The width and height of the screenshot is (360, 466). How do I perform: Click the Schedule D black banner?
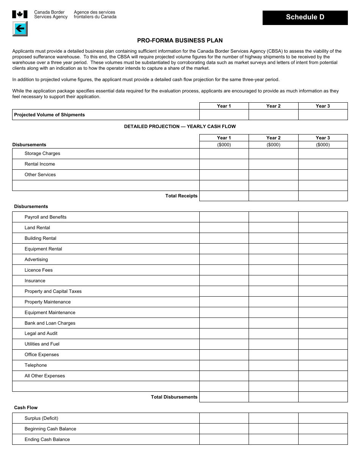[x=305, y=17]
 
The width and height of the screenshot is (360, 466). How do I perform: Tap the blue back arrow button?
[x=20, y=29]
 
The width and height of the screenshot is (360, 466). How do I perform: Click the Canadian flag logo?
[x=20, y=14]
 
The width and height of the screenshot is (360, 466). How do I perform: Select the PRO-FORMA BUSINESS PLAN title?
[x=180, y=41]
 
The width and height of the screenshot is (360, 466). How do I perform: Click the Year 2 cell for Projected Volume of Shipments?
[x=273, y=115]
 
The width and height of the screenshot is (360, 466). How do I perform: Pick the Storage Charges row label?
[x=42, y=153]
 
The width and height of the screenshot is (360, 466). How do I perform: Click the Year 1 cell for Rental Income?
[x=224, y=164]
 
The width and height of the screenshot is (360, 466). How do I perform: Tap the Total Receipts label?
[x=181, y=196]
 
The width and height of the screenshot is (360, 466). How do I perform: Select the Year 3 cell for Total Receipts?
[x=323, y=196]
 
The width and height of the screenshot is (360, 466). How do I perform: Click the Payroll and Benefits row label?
[x=45, y=217]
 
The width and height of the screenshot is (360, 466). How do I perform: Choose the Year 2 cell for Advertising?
[x=273, y=260]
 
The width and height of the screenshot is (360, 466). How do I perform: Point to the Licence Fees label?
[x=39, y=270]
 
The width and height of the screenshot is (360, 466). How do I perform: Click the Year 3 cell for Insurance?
[x=323, y=281]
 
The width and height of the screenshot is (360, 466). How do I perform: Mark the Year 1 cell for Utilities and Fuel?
[x=224, y=344]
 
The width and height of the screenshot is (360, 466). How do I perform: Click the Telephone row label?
[x=36, y=365]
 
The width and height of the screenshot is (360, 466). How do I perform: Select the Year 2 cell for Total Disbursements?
[x=273, y=397]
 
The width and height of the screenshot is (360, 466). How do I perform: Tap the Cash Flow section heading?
[x=26, y=408]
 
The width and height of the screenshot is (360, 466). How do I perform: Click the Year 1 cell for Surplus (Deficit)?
[x=224, y=418]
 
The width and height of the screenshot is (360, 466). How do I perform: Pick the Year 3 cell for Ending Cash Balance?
[x=323, y=439]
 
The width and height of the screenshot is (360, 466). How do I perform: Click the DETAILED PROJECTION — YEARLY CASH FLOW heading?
[x=180, y=127]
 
